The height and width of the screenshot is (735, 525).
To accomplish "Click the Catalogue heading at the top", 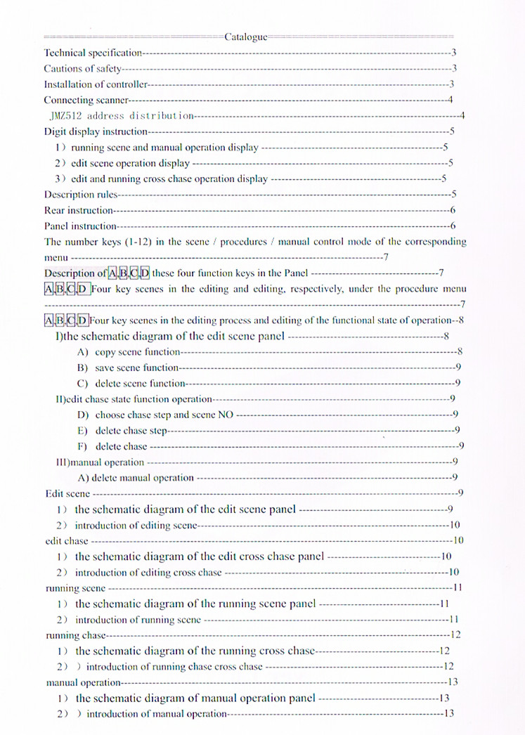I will [x=245, y=37].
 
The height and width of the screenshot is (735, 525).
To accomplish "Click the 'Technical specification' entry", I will [x=93, y=53].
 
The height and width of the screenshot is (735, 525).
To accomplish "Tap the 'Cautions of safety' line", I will [x=83, y=69].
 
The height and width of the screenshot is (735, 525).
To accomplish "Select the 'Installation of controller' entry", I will [x=95, y=84].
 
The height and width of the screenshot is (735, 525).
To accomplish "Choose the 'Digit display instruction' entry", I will [x=96, y=131].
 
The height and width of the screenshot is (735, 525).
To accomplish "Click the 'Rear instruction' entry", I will [x=79, y=210].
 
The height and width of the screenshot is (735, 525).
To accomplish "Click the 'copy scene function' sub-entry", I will [x=138, y=352].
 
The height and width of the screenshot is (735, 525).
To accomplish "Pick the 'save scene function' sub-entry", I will [x=138, y=367].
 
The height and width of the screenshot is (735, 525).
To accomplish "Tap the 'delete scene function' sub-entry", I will [x=140, y=384].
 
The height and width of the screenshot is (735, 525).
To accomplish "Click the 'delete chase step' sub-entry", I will [x=131, y=430].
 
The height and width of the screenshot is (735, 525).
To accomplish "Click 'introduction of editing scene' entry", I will [x=136, y=525].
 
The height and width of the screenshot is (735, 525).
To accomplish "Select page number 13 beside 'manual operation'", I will [x=453, y=682].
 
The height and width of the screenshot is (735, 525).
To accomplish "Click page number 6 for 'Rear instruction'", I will [x=453, y=210].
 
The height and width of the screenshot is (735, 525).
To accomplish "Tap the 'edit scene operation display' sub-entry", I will [x=130, y=163].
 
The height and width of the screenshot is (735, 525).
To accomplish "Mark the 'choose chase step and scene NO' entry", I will [x=164, y=415].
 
